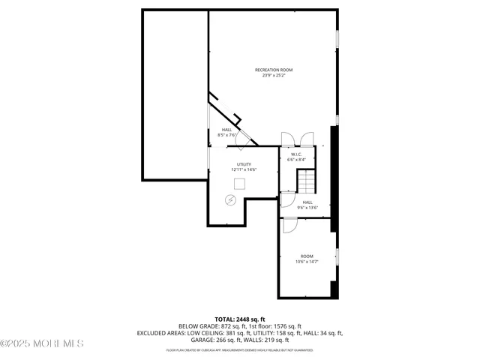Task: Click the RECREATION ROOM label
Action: pos(273,70)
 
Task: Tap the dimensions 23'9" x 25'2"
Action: pos(273,75)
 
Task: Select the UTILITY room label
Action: pos(244,164)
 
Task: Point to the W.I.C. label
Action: pos(298,154)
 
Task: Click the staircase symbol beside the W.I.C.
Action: pos(307,181)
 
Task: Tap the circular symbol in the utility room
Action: pos(231,199)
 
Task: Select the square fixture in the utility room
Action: pos(240,184)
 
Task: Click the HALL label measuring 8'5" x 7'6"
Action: pos(226,130)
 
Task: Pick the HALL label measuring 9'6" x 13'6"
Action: pos(307,202)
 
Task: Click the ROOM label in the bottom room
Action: pos(307,256)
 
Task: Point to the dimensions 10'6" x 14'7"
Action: pos(307,262)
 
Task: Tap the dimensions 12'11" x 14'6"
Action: pos(244,170)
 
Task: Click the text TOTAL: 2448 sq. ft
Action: pos(240,319)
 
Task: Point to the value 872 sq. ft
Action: pos(225,326)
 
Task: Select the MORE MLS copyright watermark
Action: pos(41,343)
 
